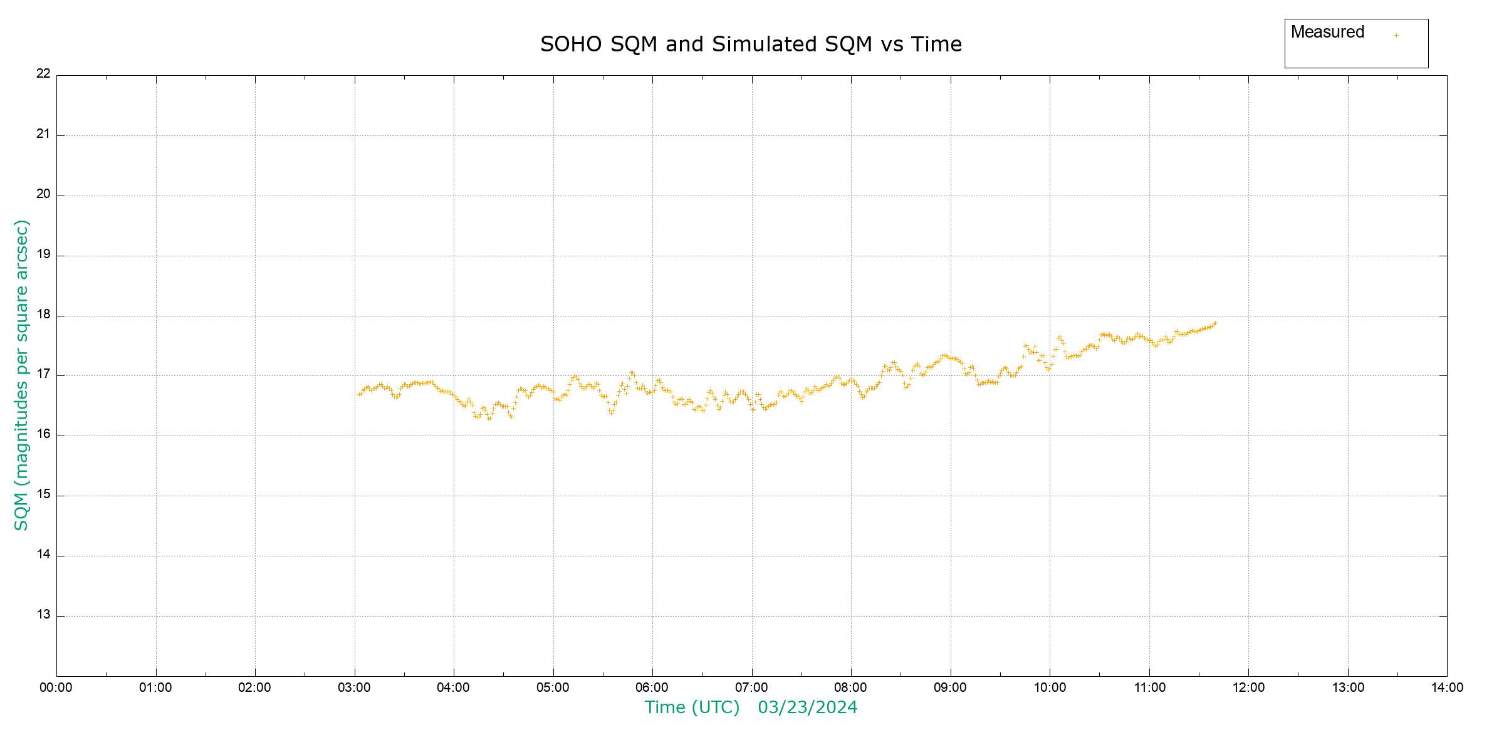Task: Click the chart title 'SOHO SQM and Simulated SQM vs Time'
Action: pyautogui.click(x=751, y=44)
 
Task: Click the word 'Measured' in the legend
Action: pyautogui.click(x=1327, y=32)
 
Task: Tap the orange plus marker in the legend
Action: pyautogui.click(x=1396, y=35)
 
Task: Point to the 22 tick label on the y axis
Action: pyautogui.click(x=43, y=73)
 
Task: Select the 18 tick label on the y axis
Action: pyautogui.click(x=43, y=314)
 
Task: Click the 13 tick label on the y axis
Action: pyautogui.click(x=43, y=614)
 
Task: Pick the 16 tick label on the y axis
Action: pyautogui.click(x=43, y=434)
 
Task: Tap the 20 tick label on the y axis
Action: pyautogui.click(x=43, y=194)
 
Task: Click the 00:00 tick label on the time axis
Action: pyautogui.click(x=56, y=687)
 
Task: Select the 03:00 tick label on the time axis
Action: pyautogui.click(x=355, y=687)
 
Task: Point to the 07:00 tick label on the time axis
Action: pyautogui.click(x=751, y=687)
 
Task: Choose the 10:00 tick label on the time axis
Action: pyautogui.click(x=1050, y=687)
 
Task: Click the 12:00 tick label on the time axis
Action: pyautogui.click(x=1248, y=687)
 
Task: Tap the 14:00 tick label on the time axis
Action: pyautogui.click(x=1447, y=687)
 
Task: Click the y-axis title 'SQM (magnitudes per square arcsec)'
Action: pyautogui.click(x=22, y=375)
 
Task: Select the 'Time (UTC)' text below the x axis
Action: pyautogui.click(x=692, y=708)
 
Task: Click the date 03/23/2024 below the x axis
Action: pyautogui.click(x=807, y=708)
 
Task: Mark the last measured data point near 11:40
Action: pyautogui.click(x=1215, y=323)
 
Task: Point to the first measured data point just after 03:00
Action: pyautogui.click(x=359, y=394)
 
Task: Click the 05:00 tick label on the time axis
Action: pyautogui.click(x=553, y=687)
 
